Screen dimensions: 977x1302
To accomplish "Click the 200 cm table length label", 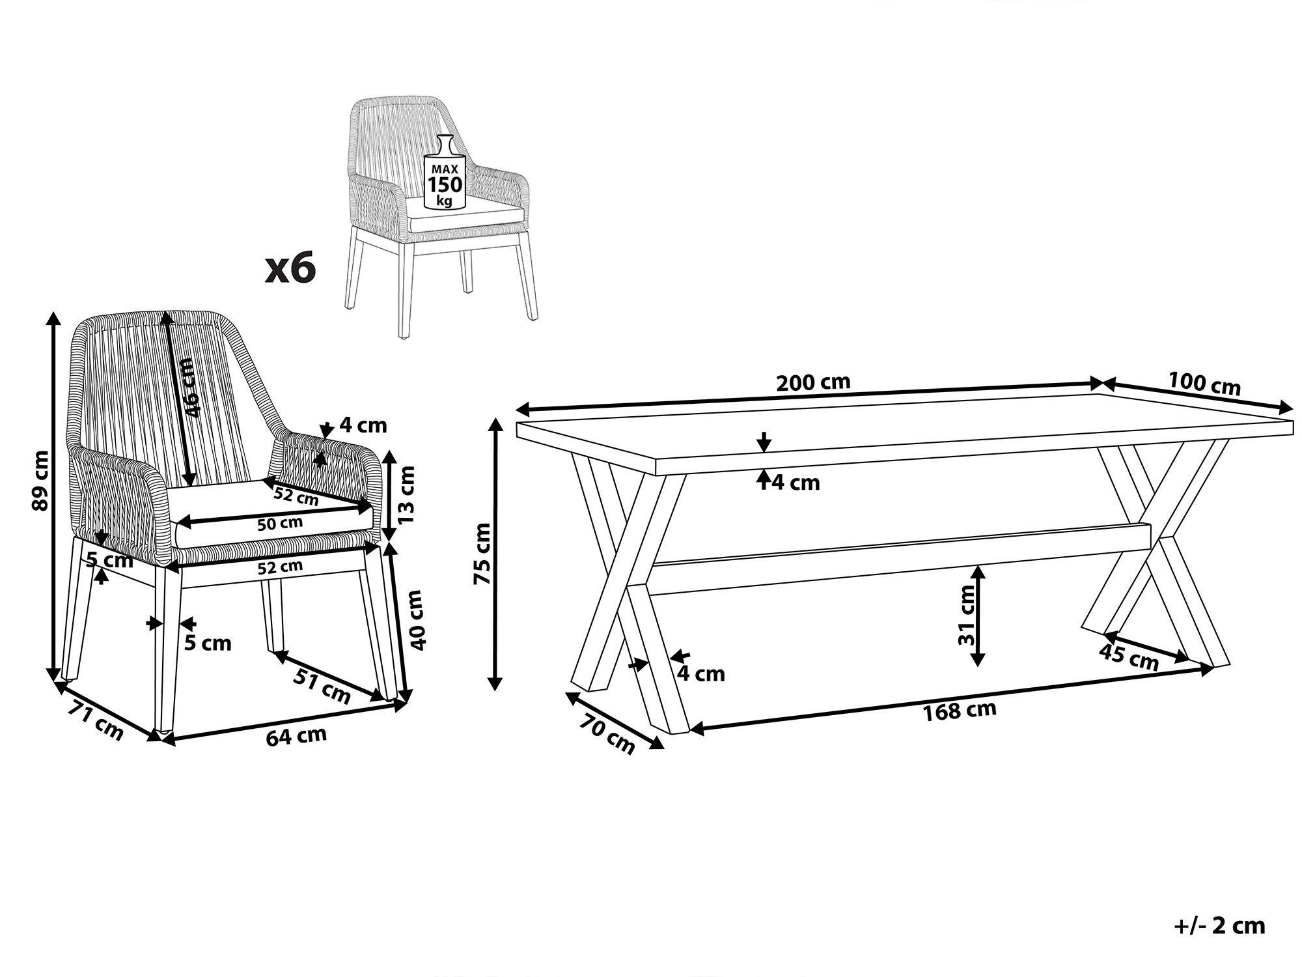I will click(813, 382).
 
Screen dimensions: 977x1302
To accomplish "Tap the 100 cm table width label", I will click(1204, 384).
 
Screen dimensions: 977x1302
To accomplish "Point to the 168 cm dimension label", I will click(960, 711).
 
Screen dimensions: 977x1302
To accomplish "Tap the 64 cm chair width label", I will click(296, 737).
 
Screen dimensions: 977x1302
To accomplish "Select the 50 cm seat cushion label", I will click(280, 522).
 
